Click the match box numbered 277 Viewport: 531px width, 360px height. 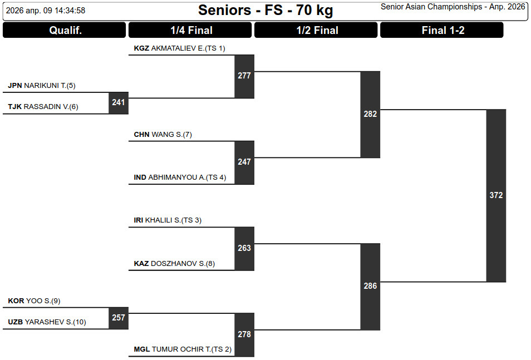click(244, 76)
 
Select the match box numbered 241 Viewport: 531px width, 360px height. click(119, 103)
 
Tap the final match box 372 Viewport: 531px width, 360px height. click(496, 195)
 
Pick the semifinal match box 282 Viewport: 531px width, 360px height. click(370, 114)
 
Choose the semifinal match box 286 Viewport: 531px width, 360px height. click(370, 286)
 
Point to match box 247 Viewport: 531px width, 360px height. click(244, 162)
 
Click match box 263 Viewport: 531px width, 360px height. click(244, 248)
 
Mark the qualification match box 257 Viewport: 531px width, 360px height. click(119, 318)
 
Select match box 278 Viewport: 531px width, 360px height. click(244, 334)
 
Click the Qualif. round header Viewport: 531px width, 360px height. click(65, 31)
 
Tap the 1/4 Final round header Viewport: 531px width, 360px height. click(191, 31)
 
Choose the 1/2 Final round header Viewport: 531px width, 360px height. click(317, 31)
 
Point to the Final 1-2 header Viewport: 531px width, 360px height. click(442, 31)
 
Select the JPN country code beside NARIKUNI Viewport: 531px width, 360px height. click(15, 86)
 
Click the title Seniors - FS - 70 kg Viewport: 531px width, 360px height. click(265, 11)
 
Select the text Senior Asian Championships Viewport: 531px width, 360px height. click(431, 7)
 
